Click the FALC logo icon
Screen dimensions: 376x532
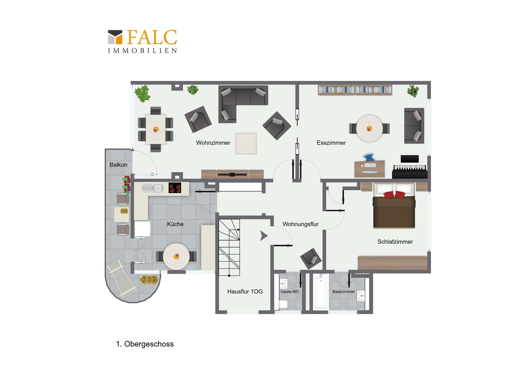(x=115, y=37)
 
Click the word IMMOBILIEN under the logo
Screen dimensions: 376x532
(x=142, y=51)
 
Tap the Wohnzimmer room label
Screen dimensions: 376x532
(x=213, y=143)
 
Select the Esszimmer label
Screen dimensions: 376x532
(x=331, y=143)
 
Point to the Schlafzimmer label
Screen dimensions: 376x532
(x=395, y=242)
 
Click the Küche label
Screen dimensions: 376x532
(x=175, y=224)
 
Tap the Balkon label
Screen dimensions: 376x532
(x=118, y=165)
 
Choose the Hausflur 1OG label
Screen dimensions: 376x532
(x=245, y=291)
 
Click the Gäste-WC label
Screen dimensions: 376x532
(x=290, y=291)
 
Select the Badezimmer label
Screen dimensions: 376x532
(x=343, y=291)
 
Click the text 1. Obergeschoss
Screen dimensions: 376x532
(x=145, y=344)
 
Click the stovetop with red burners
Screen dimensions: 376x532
(x=175, y=188)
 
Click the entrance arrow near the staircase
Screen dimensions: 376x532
(x=264, y=236)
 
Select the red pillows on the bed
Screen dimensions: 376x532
(x=394, y=195)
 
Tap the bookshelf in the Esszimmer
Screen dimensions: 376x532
(x=355, y=90)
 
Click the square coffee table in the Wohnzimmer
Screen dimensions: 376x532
(x=246, y=143)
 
